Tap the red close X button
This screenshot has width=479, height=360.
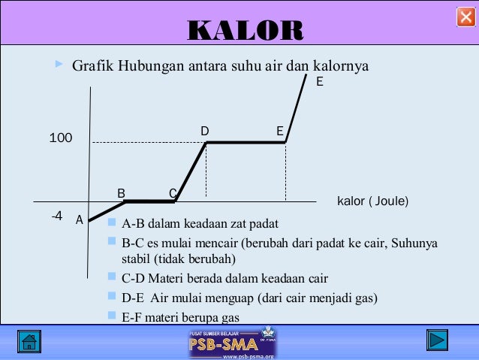point(465,17)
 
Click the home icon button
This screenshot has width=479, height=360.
point(30,341)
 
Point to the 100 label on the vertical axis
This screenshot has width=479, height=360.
point(61,138)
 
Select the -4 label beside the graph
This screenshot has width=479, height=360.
point(56,216)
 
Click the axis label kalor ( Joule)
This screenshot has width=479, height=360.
point(372,201)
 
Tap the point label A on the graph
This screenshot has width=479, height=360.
point(79,220)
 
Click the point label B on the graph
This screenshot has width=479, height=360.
point(121,193)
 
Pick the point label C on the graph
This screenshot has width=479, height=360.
point(172,193)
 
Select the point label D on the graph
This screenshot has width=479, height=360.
point(205,132)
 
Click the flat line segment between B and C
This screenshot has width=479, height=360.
point(149,201)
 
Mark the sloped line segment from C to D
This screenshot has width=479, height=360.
point(191,171)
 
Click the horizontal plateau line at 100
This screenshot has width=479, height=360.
point(246,142)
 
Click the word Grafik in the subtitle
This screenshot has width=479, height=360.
point(91,66)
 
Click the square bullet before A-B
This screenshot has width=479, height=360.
point(112,222)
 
